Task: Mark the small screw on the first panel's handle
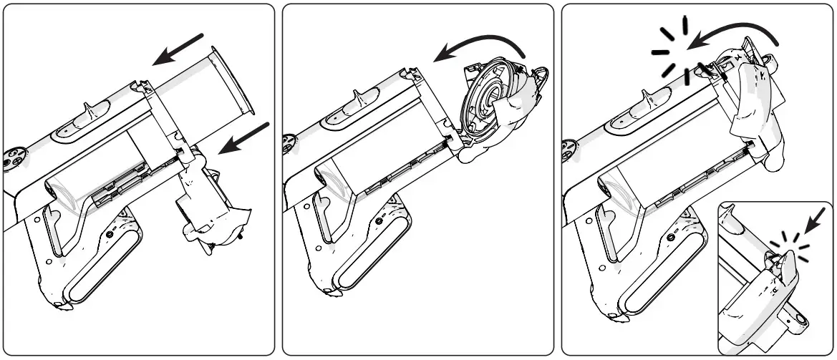tap(110, 233)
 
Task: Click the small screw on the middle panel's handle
tap(387, 232)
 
